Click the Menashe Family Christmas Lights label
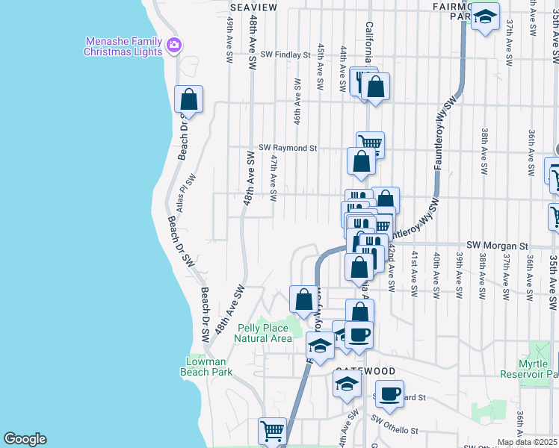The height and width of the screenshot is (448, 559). pos(123,46)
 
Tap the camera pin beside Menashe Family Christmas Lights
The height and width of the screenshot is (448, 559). pos(174,46)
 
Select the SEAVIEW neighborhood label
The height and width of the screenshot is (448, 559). pos(253,7)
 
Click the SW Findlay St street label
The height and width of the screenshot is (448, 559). pos(285,55)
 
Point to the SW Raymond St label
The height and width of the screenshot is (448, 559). pos(288,149)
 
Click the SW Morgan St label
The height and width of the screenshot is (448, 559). pos(497,245)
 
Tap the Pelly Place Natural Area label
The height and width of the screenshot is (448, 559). pos(263,333)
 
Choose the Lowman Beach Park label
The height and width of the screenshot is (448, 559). pos(209,367)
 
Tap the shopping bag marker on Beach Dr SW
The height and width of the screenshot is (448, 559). pos(189,100)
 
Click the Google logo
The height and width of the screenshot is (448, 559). pos(25,439)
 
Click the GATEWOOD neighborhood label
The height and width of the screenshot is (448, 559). pos(364,370)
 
